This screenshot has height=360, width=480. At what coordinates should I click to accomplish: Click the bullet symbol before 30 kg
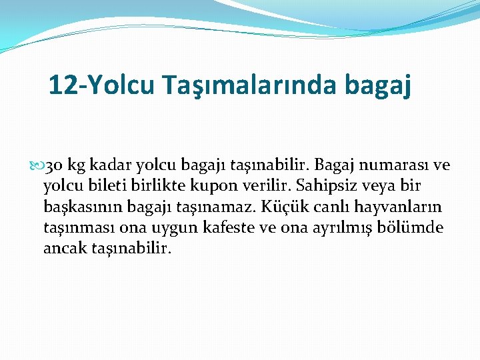(x=37, y=165)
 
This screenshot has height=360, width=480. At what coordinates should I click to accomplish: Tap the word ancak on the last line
(x=62, y=249)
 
